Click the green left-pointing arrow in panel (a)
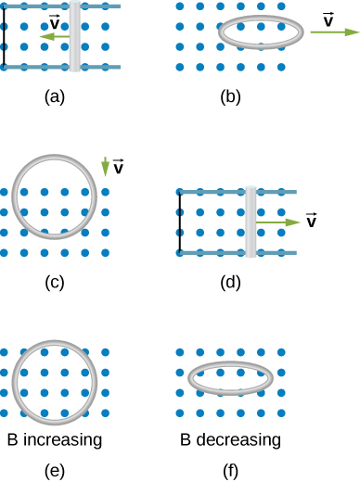(55, 37)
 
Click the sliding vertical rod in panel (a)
(75, 37)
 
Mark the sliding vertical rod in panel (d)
(251, 222)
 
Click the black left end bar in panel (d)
(179, 222)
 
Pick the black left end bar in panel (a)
(4, 37)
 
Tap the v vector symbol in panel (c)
(119, 167)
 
